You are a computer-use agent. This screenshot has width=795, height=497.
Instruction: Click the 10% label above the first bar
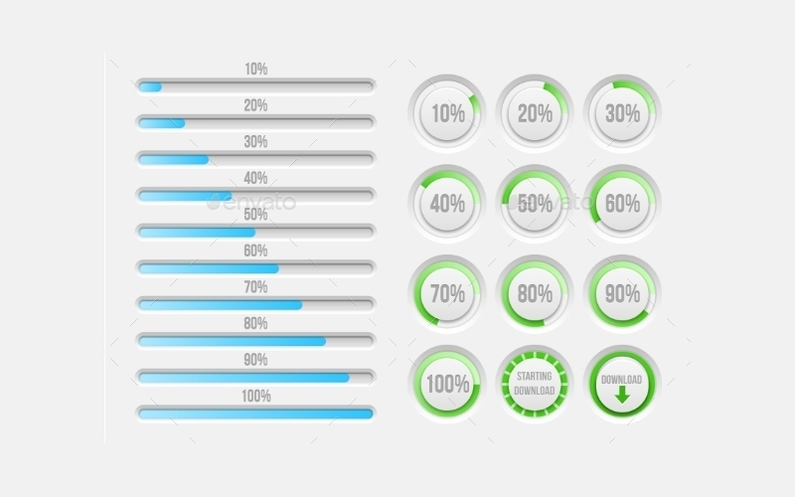tap(255, 70)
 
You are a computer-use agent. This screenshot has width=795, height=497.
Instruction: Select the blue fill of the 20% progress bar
tap(161, 123)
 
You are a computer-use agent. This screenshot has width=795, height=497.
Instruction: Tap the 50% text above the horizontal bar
tap(255, 215)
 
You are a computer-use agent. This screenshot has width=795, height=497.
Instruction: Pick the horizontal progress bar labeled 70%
tap(255, 304)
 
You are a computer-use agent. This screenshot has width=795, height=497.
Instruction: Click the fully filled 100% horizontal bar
tap(255, 413)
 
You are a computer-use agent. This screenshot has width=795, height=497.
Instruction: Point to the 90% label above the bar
tap(255, 360)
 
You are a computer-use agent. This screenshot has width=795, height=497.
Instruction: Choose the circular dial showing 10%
tap(447, 113)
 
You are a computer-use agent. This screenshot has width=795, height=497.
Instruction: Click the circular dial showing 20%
tap(535, 113)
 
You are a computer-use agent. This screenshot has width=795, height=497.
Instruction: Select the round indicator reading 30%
tap(622, 113)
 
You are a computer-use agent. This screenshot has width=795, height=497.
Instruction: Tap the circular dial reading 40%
tap(447, 204)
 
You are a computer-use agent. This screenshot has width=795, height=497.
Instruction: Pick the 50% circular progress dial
tap(535, 204)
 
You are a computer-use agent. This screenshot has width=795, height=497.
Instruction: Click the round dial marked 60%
tap(622, 204)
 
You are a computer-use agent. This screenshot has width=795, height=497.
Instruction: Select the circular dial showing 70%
tap(447, 294)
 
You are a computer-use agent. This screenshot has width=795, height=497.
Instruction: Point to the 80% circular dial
tap(535, 294)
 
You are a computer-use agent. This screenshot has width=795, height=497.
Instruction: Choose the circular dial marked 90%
tap(622, 294)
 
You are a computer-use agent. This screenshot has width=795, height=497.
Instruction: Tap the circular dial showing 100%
tap(447, 384)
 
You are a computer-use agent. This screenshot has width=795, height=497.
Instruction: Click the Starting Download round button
tap(535, 384)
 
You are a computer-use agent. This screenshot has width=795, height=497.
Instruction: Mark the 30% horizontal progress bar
tap(255, 159)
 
